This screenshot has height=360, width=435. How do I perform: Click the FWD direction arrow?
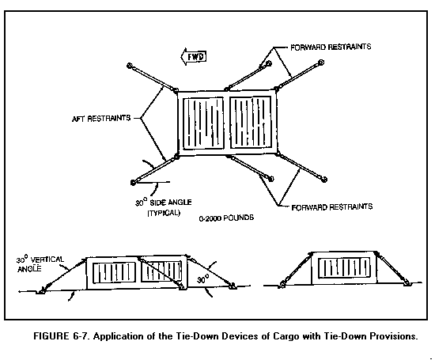[194, 57]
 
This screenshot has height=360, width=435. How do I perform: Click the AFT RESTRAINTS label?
[101, 118]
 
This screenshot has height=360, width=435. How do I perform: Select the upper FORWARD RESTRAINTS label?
[331, 47]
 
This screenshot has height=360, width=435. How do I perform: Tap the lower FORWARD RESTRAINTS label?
[332, 207]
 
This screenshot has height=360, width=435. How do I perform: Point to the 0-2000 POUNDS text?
[226, 218]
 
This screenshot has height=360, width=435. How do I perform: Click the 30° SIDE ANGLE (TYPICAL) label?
[164, 207]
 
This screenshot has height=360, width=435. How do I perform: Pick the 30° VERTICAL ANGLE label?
[40, 264]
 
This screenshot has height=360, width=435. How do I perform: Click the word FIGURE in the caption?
[51, 336]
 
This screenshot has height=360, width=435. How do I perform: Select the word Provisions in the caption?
[394, 336]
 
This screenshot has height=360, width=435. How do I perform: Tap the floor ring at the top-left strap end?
[129, 66]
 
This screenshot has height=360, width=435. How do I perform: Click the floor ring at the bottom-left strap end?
[133, 182]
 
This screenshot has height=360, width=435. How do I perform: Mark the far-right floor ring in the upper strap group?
[321, 63]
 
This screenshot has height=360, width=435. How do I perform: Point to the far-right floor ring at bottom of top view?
[324, 180]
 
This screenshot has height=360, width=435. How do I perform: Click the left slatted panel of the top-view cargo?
[203, 123]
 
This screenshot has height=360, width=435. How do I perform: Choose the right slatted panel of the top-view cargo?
[251, 122]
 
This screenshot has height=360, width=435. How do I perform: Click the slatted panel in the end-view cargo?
[344, 267]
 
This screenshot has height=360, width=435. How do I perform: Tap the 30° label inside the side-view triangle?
[203, 279]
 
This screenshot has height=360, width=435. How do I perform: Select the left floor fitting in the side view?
[42, 291]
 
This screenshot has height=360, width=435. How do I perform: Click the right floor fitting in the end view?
[407, 284]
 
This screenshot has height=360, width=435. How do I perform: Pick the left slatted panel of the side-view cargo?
[115, 273]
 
